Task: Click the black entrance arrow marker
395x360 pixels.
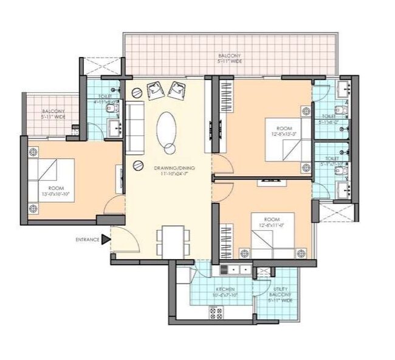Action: click(x=105, y=240)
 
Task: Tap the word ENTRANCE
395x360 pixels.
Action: click(x=87, y=240)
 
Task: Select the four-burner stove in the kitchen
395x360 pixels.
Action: click(x=216, y=312)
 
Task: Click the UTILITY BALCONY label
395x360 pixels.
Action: click(x=281, y=295)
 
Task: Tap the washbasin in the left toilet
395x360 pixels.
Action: click(x=114, y=128)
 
